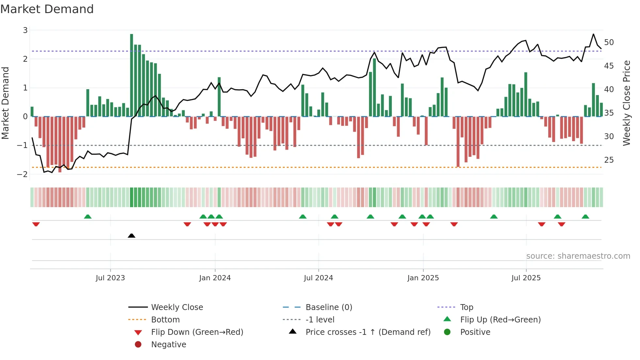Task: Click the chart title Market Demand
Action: [47, 9]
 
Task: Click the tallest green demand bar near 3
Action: [132, 75]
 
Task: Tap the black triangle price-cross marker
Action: [132, 236]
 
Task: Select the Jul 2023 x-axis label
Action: [110, 278]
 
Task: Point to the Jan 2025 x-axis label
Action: [423, 278]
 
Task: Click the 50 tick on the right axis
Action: [609, 42]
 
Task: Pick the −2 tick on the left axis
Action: [23, 174]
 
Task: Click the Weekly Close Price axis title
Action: [626, 103]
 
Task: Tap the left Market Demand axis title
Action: [6, 103]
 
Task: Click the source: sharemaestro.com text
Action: [578, 256]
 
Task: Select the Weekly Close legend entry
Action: [177, 307]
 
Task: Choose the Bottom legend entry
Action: [165, 320]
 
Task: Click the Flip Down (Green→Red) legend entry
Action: [197, 332]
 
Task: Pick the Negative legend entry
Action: [168, 345]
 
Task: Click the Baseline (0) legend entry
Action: [329, 307]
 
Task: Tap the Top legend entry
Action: [467, 307]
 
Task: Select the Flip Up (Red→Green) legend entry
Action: [500, 320]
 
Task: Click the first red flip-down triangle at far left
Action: [36, 224]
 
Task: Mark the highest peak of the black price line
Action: [593, 34]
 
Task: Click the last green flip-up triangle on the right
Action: [585, 217]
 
